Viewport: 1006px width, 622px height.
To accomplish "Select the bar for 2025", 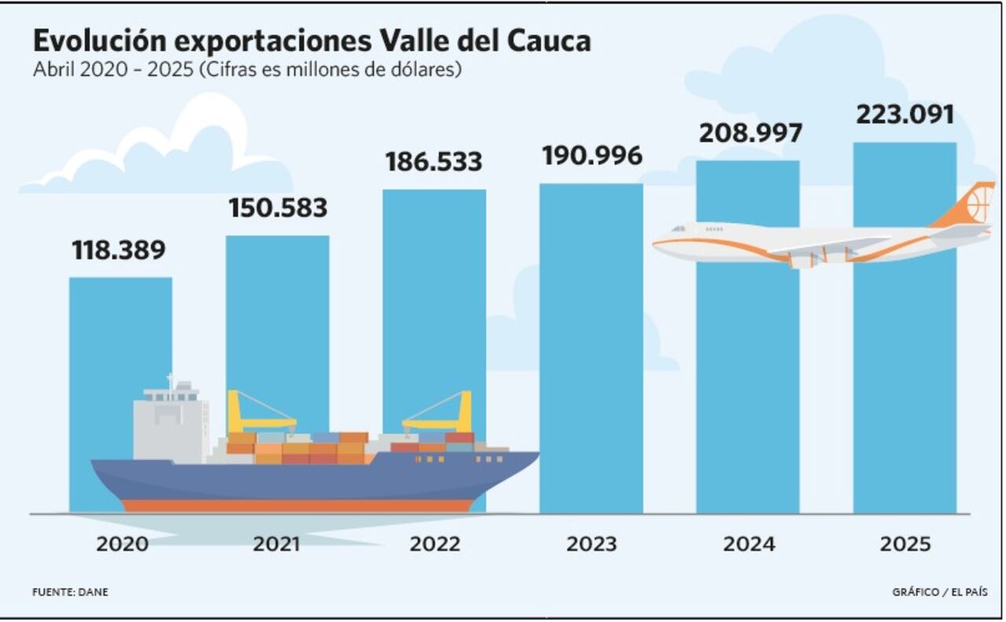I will (905, 377).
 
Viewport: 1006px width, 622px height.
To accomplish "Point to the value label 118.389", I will (119, 250).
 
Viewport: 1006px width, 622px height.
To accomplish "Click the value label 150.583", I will (277, 208).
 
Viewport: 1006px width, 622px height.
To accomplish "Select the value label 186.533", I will (433, 162).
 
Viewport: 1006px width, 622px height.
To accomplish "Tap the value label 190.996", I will (592, 156).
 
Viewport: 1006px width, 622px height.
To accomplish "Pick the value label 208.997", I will (751, 134).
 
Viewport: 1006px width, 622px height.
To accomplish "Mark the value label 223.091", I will (905, 115).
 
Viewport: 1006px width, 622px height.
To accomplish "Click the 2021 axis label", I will (277, 544).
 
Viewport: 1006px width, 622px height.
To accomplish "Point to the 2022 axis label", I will (435, 544).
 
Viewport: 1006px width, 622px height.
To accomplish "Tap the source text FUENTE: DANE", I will (70, 592).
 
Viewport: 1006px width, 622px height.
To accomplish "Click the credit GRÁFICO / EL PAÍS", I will (940, 592).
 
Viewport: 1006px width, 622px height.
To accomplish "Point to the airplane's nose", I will (659, 245).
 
